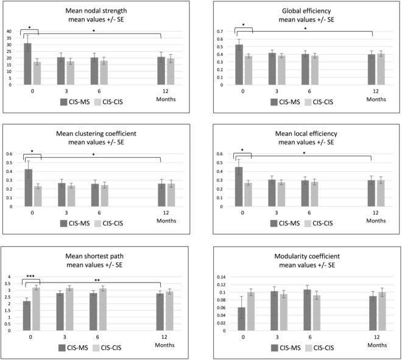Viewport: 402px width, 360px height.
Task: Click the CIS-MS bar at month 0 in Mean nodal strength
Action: (27, 64)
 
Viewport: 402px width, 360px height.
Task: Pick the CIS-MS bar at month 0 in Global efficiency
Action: (239, 65)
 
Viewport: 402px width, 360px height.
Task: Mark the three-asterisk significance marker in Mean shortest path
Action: (30, 276)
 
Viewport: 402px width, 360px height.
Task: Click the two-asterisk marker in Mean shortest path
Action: (97, 280)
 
